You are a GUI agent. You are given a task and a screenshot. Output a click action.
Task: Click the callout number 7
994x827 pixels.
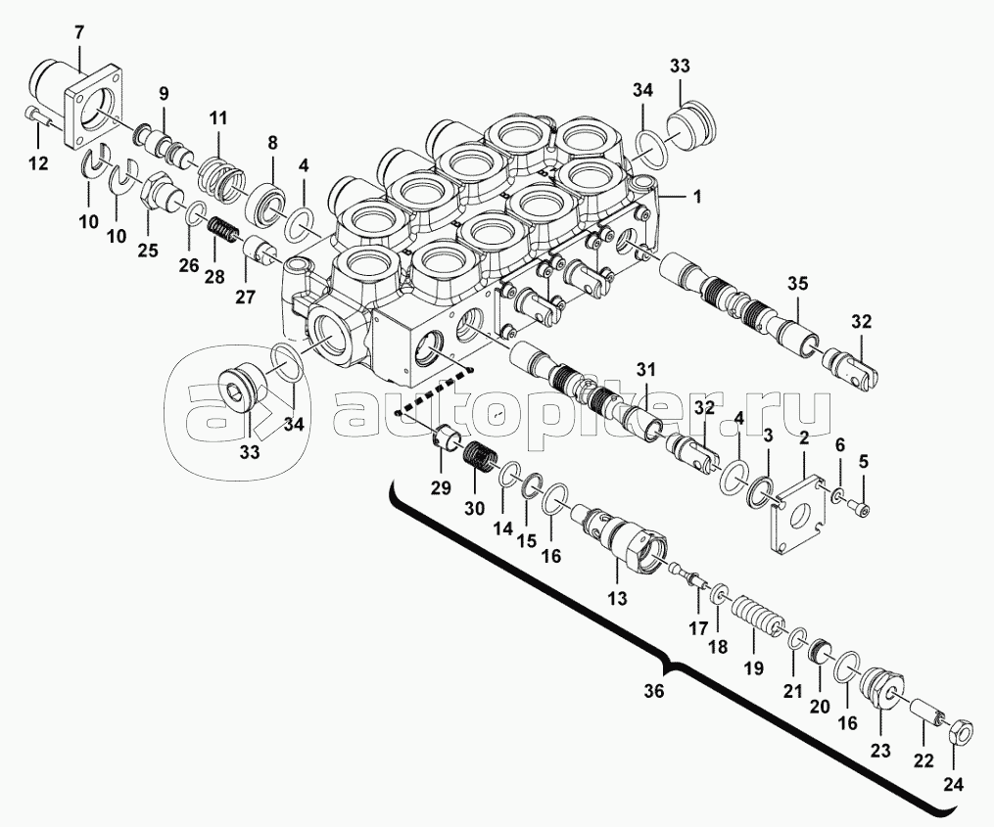click(79, 31)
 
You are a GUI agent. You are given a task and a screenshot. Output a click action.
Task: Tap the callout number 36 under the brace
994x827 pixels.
click(654, 691)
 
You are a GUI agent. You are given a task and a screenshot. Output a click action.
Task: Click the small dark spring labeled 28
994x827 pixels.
click(222, 231)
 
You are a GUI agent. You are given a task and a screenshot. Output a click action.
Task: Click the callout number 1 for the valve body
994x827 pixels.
click(697, 197)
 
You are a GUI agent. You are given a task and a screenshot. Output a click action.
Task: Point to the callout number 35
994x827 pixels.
click(798, 283)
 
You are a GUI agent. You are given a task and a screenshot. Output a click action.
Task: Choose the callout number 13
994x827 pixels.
click(617, 598)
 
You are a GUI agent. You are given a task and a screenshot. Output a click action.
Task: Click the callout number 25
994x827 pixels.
click(148, 251)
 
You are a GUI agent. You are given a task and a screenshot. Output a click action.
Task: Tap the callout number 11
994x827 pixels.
click(218, 117)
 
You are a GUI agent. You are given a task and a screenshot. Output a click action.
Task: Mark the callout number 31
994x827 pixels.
click(646, 369)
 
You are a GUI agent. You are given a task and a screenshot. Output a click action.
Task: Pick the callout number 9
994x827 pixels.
click(165, 94)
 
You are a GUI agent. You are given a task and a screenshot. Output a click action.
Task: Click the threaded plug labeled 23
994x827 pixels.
click(883, 689)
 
